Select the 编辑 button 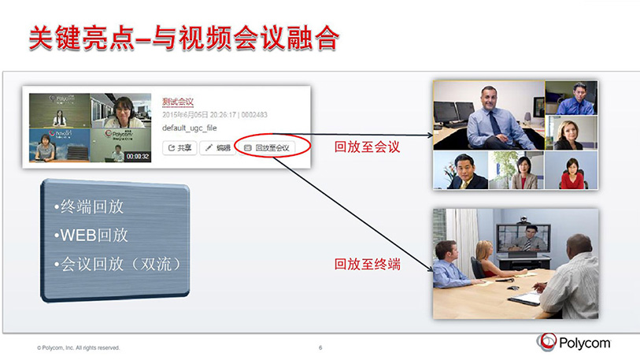pos(217,147)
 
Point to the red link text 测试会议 pos(178,102)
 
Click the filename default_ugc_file pos(190,127)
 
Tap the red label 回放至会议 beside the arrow pos(368,147)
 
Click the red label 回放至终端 pos(368,264)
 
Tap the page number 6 pos(320,347)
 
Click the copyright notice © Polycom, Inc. pos(78,347)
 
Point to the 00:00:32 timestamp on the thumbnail pos(138,156)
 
